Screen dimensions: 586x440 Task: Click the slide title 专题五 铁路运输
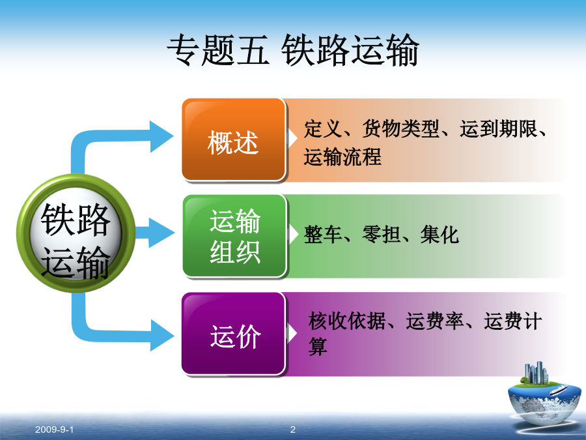click(x=292, y=50)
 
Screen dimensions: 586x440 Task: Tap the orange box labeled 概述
click(x=234, y=140)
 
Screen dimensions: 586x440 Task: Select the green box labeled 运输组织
click(x=234, y=236)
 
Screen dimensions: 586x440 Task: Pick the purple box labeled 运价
click(x=234, y=334)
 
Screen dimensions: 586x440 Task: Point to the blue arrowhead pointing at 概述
click(x=161, y=137)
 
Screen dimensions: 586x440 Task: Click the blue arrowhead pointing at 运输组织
click(x=161, y=233)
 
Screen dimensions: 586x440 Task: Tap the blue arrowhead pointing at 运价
click(x=162, y=335)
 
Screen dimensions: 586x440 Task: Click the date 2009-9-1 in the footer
click(x=54, y=430)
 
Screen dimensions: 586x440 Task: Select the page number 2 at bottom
click(x=293, y=430)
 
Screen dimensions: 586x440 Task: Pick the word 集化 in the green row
click(x=439, y=235)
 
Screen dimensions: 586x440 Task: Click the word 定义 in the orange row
click(x=323, y=129)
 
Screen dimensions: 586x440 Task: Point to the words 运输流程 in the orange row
click(x=342, y=156)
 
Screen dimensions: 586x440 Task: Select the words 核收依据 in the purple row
click(x=347, y=321)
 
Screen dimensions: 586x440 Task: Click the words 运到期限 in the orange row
click(x=499, y=129)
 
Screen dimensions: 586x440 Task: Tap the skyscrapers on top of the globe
click(x=537, y=372)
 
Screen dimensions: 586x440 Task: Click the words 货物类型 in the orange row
click(x=401, y=129)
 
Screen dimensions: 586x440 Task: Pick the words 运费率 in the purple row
click(x=435, y=321)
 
